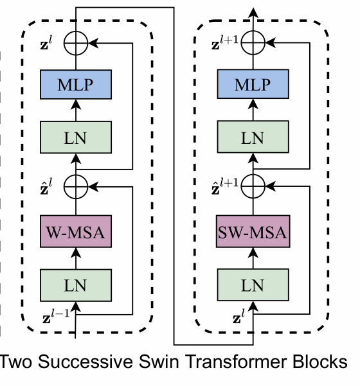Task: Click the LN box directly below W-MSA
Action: point(76,283)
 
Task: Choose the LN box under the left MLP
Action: point(76,137)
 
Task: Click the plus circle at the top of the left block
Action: point(76,43)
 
